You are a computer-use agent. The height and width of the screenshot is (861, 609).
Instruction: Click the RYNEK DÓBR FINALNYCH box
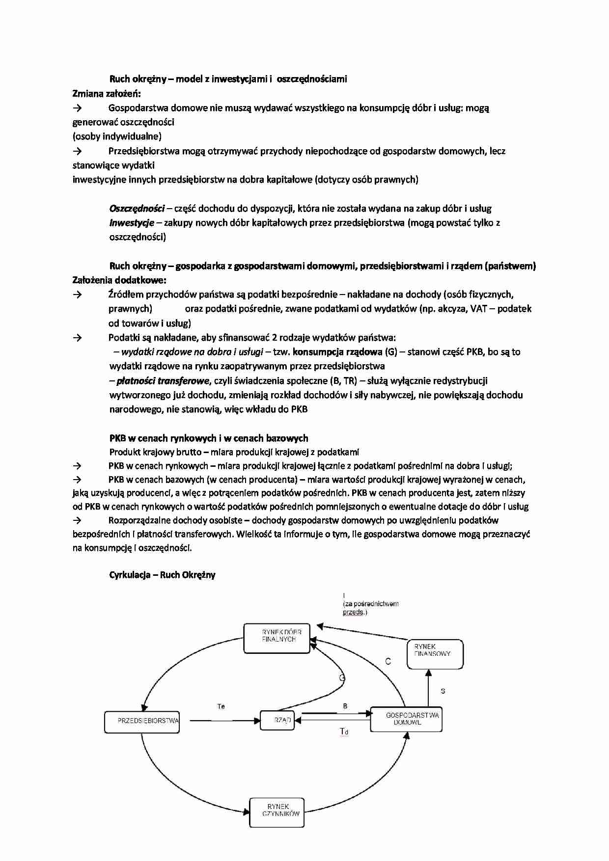[x=277, y=638]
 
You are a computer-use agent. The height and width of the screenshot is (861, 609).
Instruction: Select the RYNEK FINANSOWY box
[x=435, y=653]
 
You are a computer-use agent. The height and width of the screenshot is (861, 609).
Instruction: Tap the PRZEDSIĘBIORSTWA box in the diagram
[x=142, y=721]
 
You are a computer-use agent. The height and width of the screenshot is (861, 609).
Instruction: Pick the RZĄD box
[x=279, y=720]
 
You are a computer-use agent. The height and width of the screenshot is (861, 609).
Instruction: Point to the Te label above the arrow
[x=221, y=706]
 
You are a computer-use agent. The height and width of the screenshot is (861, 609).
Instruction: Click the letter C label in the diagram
[x=388, y=661]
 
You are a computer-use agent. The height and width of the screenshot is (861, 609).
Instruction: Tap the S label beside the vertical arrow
[x=443, y=691]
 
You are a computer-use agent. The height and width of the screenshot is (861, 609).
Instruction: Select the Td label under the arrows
[x=344, y=732]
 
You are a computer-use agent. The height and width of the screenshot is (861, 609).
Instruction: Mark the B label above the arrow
[x=345, y=706]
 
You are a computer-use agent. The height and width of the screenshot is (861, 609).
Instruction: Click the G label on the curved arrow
[x=342, y=678]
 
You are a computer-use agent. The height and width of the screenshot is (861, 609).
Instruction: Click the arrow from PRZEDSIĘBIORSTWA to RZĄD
[x=223, y=721]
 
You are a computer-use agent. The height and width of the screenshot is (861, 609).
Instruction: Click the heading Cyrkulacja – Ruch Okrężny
[x=162, y=575]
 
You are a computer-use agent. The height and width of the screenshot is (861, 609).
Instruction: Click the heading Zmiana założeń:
[x=107, y=93]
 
